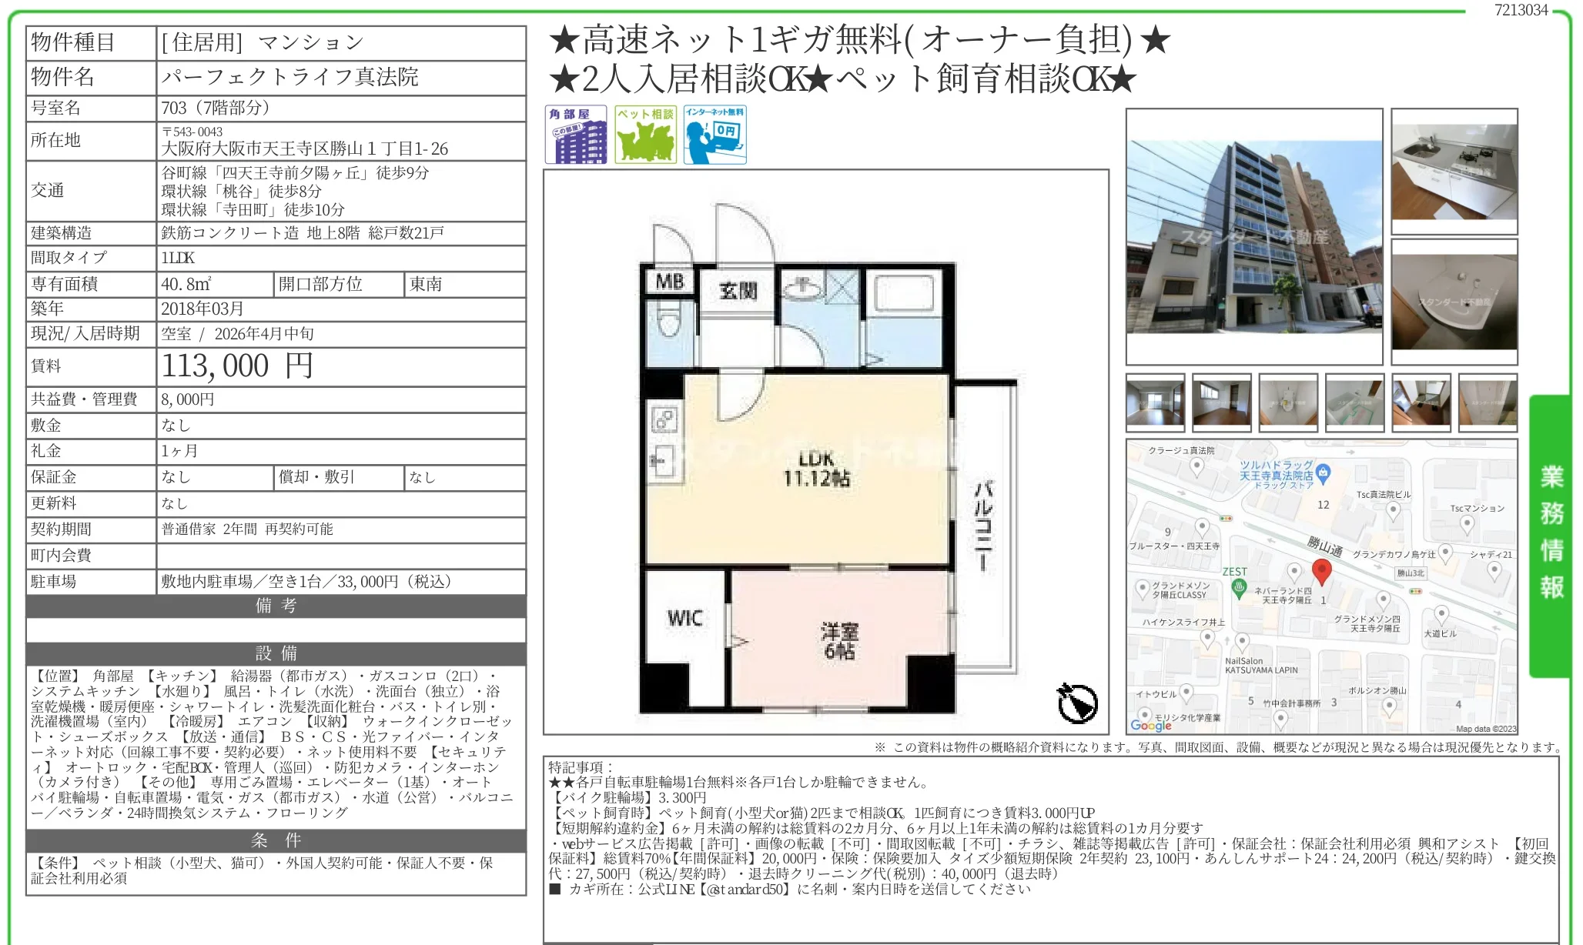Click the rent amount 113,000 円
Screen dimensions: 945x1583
coord(237,366)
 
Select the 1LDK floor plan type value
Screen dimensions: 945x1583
coord(178,258)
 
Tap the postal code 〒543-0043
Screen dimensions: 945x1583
coord(192,132)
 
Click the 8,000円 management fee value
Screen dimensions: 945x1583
coord(188,399)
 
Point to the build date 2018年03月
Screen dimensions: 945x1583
coord(202,309)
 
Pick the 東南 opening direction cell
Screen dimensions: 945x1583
coord(426,284)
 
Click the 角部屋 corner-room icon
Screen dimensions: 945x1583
coord(575,135)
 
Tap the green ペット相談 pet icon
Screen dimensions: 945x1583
coord(646,135)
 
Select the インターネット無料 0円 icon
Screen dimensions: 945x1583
coord(715,135)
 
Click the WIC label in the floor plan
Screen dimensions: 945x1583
coord(684,618)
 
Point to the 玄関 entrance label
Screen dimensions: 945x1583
coord(738,290)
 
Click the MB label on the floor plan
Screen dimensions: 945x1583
coord(669,282)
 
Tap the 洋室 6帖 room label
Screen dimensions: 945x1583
coord(839,641)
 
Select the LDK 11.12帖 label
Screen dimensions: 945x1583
coord(816,469)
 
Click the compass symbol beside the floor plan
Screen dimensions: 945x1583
coord(1076,702)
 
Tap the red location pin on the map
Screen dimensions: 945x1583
coord(1321,572)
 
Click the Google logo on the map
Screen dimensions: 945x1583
coord(1150,725)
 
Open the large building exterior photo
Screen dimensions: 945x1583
coord(1254,236)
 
